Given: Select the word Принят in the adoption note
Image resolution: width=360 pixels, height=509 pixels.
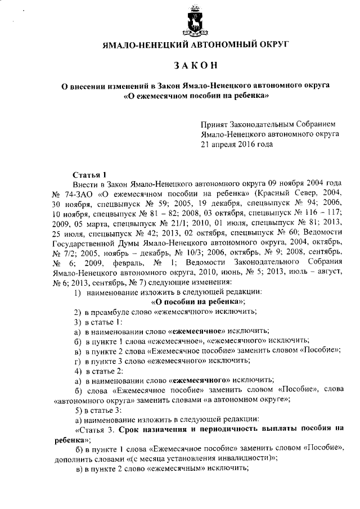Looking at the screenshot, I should (214, 124).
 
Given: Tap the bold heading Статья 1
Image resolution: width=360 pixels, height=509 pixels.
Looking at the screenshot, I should (89, 174).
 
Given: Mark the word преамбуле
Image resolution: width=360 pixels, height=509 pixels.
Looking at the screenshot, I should (113, 312).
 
